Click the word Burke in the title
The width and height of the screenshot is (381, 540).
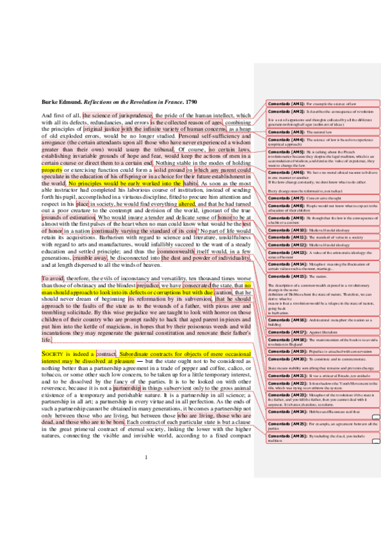pyautogui.click(x=51, y=102)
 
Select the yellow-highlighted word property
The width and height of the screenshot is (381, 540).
pyautogui.click(x=52, y=171)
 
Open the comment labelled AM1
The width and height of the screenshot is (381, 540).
pyautogui.click(x=315, y=103)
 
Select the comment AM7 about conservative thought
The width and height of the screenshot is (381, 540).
pyautogui.click(x=315, y=198)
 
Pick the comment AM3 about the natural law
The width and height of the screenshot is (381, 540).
pyautogui.click(x=315, y=131)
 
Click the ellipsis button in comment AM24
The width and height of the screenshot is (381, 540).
pyautogui.click(x=375, y=416)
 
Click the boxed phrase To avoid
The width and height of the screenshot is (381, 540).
pyautogui.click(x=53, y=279)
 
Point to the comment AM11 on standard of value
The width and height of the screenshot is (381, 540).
pyautogui.click(x=315, y=236)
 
